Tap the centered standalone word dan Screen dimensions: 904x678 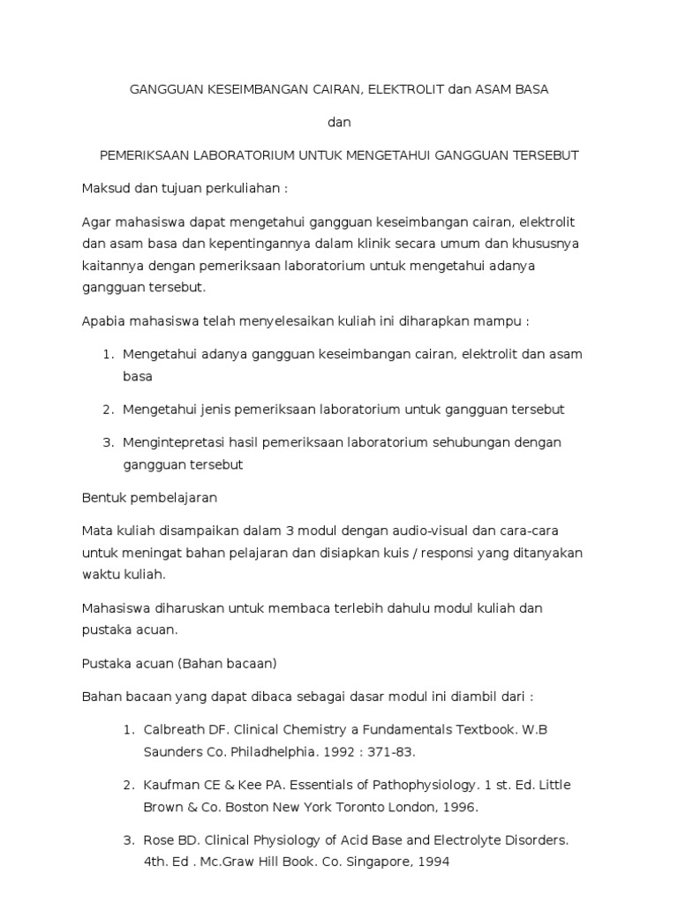coord(339,122)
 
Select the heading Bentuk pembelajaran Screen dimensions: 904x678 coord(149,497)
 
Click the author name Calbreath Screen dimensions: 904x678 coord(176,730)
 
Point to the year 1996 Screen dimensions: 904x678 coord(460,806)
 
